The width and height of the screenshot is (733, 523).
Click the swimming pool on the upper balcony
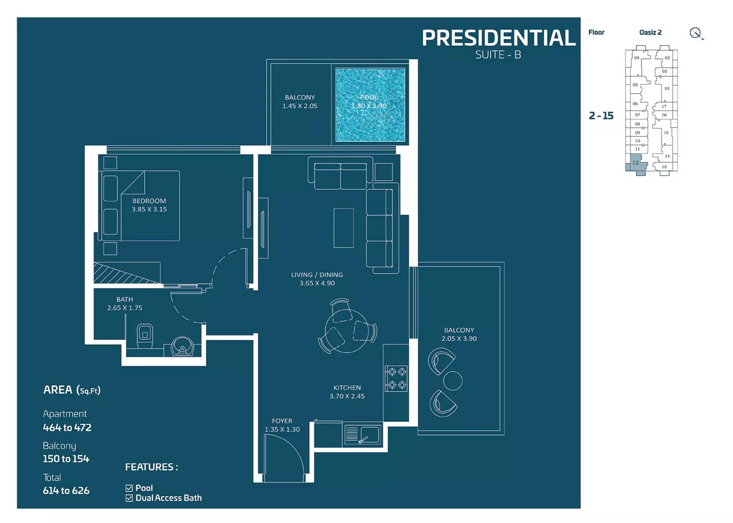(370, 105)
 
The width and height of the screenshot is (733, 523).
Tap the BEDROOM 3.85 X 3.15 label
(149, 205)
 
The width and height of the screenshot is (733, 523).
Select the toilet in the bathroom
(145, 335)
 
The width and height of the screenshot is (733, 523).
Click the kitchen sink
(363, 435)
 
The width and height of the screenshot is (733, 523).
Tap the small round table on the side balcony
(453, 380)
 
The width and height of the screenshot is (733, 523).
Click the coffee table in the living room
(344, 228)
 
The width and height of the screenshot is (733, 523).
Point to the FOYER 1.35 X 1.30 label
(282, 425)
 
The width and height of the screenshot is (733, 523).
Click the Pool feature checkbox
(129, 488)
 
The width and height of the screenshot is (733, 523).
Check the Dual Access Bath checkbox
(129, 498)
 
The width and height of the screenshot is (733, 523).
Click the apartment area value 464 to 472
(67, 428)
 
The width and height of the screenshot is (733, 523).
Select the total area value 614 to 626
(66, 491)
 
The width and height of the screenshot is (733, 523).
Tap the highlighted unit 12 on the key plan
(636, 163)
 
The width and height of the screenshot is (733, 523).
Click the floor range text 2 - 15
(601, 115)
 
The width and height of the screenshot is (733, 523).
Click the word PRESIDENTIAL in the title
(498, 38)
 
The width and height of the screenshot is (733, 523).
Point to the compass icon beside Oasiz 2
(695, 33)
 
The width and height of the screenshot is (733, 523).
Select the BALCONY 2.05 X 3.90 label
(459, 334)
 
